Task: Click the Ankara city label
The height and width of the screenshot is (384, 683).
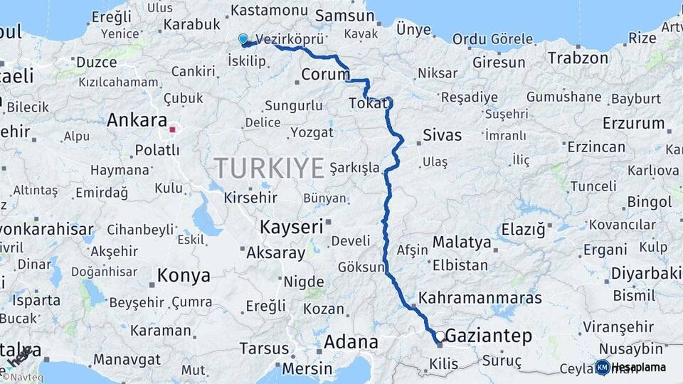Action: click(137, 120)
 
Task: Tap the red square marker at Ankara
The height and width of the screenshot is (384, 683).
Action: click(171, 130)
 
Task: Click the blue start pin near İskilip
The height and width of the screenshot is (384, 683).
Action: click(244, 39)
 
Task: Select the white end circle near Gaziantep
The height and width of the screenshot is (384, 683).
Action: click(440, 336)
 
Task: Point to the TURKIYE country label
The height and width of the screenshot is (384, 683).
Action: click(270, 168)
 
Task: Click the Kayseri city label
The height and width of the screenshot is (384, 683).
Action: click(291, 228)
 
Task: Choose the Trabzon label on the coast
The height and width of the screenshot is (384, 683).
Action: click(578, 58)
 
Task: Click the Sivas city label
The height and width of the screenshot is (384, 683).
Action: click(442, 134)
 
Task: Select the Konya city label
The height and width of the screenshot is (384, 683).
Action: click(184, 275)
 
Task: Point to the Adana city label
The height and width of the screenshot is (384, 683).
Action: click(351, 342)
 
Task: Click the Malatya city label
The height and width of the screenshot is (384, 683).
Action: click(462, 242)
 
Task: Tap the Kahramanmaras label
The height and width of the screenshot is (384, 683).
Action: click(480, 298)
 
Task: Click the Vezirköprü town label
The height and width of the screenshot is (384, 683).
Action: click(289, 39)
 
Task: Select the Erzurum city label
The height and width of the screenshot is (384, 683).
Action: click(633, 123)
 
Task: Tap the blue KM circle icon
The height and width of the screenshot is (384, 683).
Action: click(603, 367)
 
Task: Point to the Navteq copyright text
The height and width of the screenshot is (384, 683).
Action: click(23, 377)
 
